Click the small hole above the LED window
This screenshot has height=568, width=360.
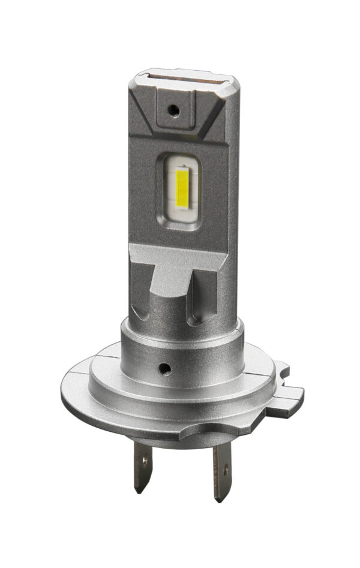click(x=173, y=110)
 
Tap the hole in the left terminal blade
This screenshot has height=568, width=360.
click(x=144, y=461)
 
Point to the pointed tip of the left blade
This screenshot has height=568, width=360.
click(x=139, y=491)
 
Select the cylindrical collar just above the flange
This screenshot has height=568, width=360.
click(x=180, y=354)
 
